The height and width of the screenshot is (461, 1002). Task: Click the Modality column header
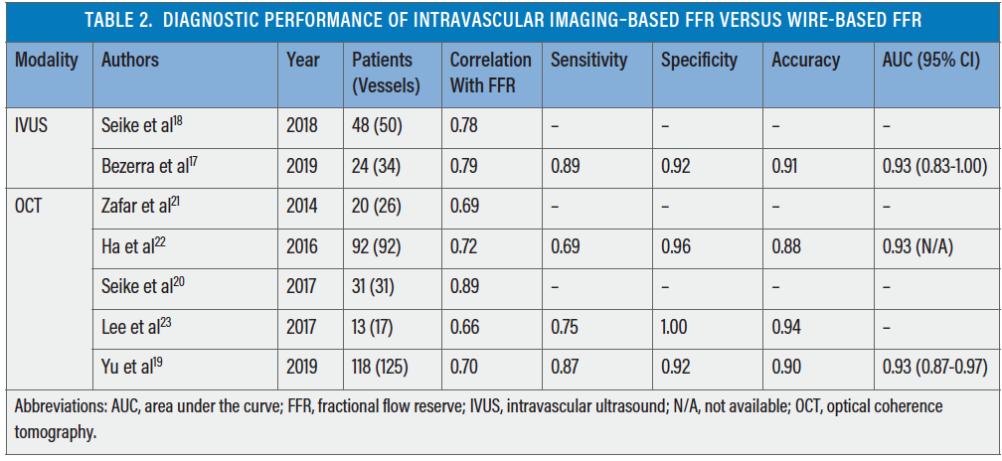tap(46, 60)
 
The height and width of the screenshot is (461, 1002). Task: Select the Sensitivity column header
tap(588, 60)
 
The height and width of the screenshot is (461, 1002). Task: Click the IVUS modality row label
tap(32, 125)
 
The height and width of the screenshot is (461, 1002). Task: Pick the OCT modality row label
tap(29, 207)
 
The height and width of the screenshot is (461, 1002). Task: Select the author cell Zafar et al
tap(138, 207)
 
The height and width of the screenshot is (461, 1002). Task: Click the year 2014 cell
tap(302, 207)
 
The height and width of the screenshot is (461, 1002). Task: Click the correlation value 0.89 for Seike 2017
tap(464, 287)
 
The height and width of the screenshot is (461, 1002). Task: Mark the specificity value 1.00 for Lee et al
tap(678, 327)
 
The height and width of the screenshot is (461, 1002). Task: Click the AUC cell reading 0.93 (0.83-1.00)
tap(933, 166)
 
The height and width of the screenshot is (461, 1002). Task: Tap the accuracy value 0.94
tap(787, 327)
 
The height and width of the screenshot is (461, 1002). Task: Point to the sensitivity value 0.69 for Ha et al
tap(567, 247)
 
